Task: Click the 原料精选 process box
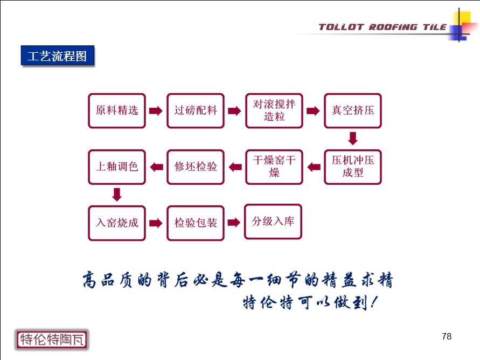pos(116,110)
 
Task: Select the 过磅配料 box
pos(196,110)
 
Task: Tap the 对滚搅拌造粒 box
pos(274,110)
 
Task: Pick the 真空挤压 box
pos(353,110)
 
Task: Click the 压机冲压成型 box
pos(353,167)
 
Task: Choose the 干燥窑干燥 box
pos(274,167)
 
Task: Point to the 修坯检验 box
pos(196,167)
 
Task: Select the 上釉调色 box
pos(116,167)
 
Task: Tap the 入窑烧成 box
pos(116,223)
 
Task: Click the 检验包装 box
pos(196,223)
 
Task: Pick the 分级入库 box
pos(273,221)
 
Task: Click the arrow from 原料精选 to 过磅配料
pos(156,110)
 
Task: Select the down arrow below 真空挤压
pos(353,139)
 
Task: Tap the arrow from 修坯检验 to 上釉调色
pos(156,167)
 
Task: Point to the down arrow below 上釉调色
pos(117,195)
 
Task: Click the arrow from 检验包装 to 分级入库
pos(234,223)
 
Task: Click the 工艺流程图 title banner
pos(58,56)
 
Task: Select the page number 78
pos(447,336)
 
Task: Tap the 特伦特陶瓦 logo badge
pos(52,340)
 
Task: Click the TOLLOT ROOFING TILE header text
pos(382,27)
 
